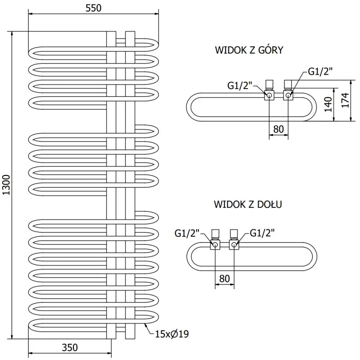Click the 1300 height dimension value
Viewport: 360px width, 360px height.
coord(6,184)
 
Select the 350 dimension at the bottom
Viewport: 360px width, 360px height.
coord(70,347)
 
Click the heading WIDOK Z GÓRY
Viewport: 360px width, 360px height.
coord(249,50)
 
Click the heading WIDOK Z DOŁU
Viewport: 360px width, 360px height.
coord(248,205)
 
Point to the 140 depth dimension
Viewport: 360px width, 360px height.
coord(328,104)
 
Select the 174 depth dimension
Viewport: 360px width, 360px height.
coord(344,100)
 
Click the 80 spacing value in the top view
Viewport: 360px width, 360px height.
coord(279,129)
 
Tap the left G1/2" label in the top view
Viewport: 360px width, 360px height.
coord(240,85)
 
